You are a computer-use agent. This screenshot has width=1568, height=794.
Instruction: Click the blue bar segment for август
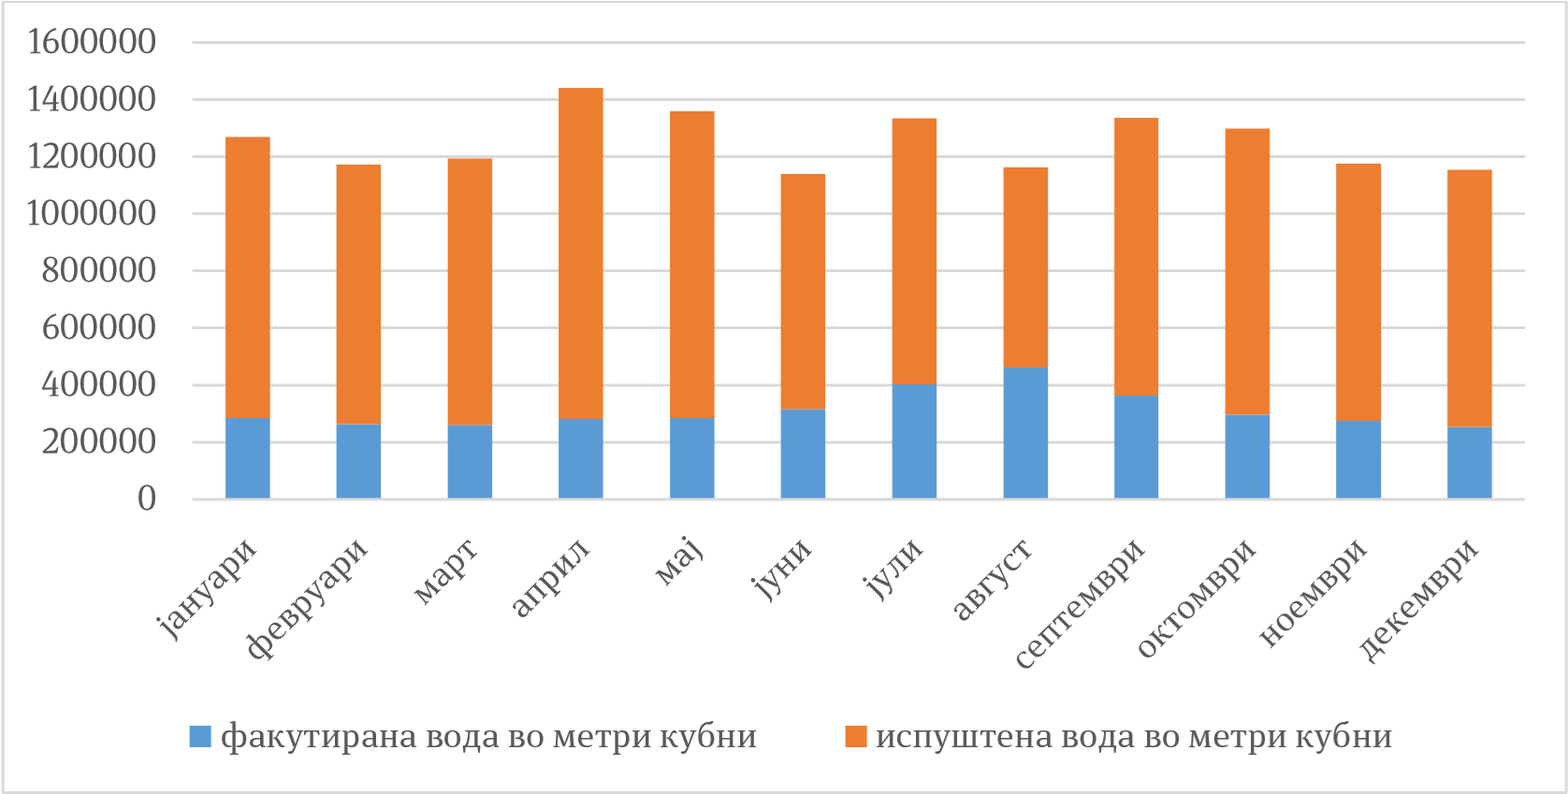click(1025, 433)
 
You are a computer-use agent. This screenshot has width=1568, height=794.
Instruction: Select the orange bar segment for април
click(581, 253)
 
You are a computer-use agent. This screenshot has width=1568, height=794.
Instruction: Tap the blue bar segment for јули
click(914, 441)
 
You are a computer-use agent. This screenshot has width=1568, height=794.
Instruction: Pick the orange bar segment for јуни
click(804, 291)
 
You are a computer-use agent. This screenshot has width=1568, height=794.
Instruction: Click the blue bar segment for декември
click(1470, 463)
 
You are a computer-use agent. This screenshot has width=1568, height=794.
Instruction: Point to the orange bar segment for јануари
click(248, 277)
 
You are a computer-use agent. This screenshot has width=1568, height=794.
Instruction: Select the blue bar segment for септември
click(1137, 447)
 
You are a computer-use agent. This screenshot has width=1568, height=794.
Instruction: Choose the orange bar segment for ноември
click(1358, 292)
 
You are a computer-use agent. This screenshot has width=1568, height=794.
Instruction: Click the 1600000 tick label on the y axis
click(91, 42)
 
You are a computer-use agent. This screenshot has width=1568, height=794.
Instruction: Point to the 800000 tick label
click(97, 271)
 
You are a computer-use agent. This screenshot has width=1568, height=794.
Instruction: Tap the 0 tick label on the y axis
click(146, 499)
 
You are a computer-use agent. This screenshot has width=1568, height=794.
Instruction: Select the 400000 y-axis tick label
click(97, 385)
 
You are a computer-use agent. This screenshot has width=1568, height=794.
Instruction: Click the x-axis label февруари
click(308, 599)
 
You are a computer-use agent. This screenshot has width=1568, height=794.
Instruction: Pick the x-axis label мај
click(680, 561)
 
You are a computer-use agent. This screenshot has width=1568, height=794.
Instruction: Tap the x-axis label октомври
click(1198, 599)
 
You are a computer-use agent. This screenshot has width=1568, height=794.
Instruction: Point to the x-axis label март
click(445, 570)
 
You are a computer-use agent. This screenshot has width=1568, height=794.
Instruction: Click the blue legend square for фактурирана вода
click(200, 737)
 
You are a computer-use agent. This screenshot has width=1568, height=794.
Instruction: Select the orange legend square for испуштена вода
click(855, 737)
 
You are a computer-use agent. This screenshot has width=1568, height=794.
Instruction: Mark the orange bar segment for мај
click(692, 265)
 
